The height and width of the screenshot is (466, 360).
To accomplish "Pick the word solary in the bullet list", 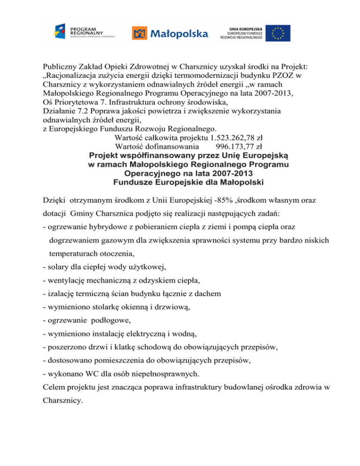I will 57,267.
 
